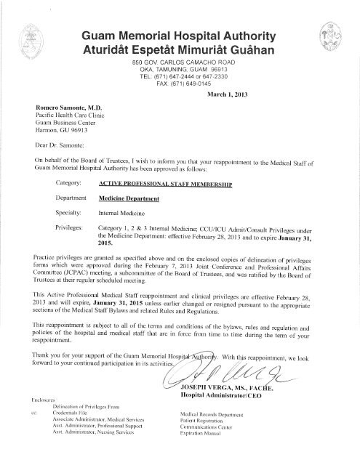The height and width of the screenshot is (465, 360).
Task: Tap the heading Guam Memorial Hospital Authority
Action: pos(180,36)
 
